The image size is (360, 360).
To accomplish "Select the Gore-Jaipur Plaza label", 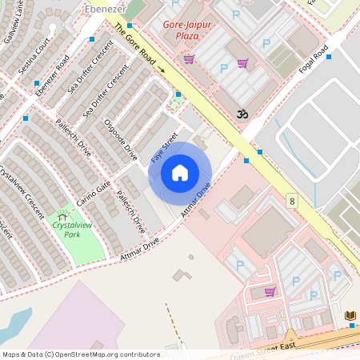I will coord(187,30).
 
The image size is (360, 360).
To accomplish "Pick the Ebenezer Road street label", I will coord(54,82).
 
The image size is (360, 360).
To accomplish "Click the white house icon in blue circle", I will coord(180,173).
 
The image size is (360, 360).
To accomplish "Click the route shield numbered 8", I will coord(292,200).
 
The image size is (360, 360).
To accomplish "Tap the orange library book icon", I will coord(350,317).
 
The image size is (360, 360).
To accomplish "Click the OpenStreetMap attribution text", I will coord(81,354).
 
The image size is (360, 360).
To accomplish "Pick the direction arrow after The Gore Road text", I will coord(162,70).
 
